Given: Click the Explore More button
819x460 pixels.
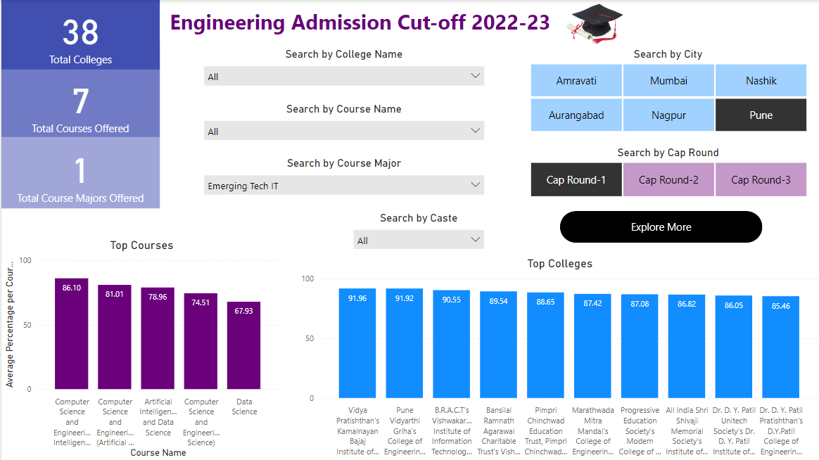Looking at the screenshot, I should (x=661, y=227).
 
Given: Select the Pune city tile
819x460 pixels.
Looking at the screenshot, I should (x=761, y=115).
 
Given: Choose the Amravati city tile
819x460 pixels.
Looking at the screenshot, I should (x=576, y=81).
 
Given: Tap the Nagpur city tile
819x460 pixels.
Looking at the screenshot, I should (x=668, y=115).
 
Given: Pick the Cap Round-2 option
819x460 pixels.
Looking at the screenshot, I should (x=668, y=180).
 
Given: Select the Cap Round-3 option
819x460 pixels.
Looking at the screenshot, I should (x=761, y=180).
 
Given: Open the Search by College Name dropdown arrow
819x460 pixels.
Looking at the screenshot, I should (x=475, y=76).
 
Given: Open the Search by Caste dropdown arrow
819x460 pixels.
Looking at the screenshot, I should (x=475, y=241).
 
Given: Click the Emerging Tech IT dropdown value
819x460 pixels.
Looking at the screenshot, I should (x=243, y=186).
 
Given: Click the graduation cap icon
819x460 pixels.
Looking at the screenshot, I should (x=595, y=23).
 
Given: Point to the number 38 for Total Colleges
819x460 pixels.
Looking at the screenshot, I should (x=80, y=32).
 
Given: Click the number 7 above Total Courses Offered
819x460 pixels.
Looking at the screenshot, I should (x=80, y=101).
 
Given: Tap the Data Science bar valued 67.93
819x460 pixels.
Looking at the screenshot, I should (x=243, y=345).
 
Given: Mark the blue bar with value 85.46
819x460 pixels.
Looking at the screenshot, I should (x=781, y=347).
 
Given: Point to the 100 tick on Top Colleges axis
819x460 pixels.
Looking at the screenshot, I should (x=307, y=279).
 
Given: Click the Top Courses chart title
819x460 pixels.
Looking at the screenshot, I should (x=141, y=245).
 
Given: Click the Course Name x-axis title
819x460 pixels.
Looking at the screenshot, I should (x=158, y=452).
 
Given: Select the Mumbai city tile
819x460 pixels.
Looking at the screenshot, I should (x=668, y=81).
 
